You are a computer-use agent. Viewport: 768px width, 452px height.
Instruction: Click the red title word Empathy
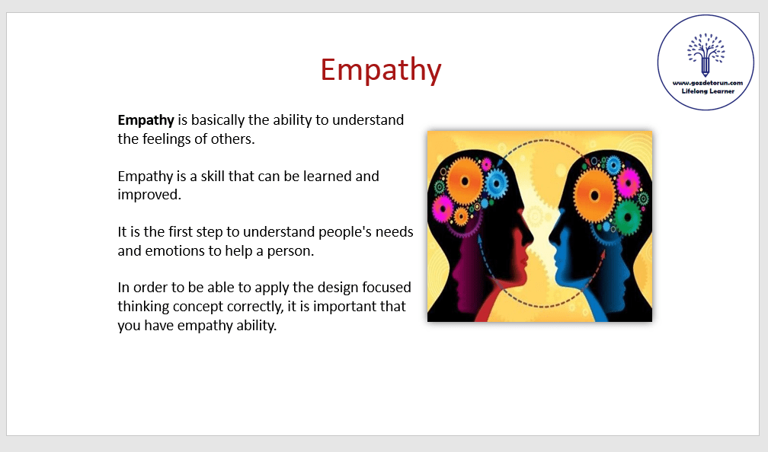(381, 70)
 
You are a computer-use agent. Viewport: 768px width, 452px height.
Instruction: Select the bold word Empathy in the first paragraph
(146, 120)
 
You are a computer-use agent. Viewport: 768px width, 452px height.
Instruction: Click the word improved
(149, 195)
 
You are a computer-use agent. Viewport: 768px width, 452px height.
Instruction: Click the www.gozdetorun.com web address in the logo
(707, 83)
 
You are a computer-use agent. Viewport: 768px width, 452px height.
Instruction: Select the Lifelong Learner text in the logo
(708, 91)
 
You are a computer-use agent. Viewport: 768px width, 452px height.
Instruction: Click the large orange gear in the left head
(464, 182)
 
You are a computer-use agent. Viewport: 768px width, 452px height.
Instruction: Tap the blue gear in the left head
(496, 184)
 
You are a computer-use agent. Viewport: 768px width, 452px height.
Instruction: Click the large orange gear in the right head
(594, 196)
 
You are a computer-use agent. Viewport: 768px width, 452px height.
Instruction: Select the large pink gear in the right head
(629, 183)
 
